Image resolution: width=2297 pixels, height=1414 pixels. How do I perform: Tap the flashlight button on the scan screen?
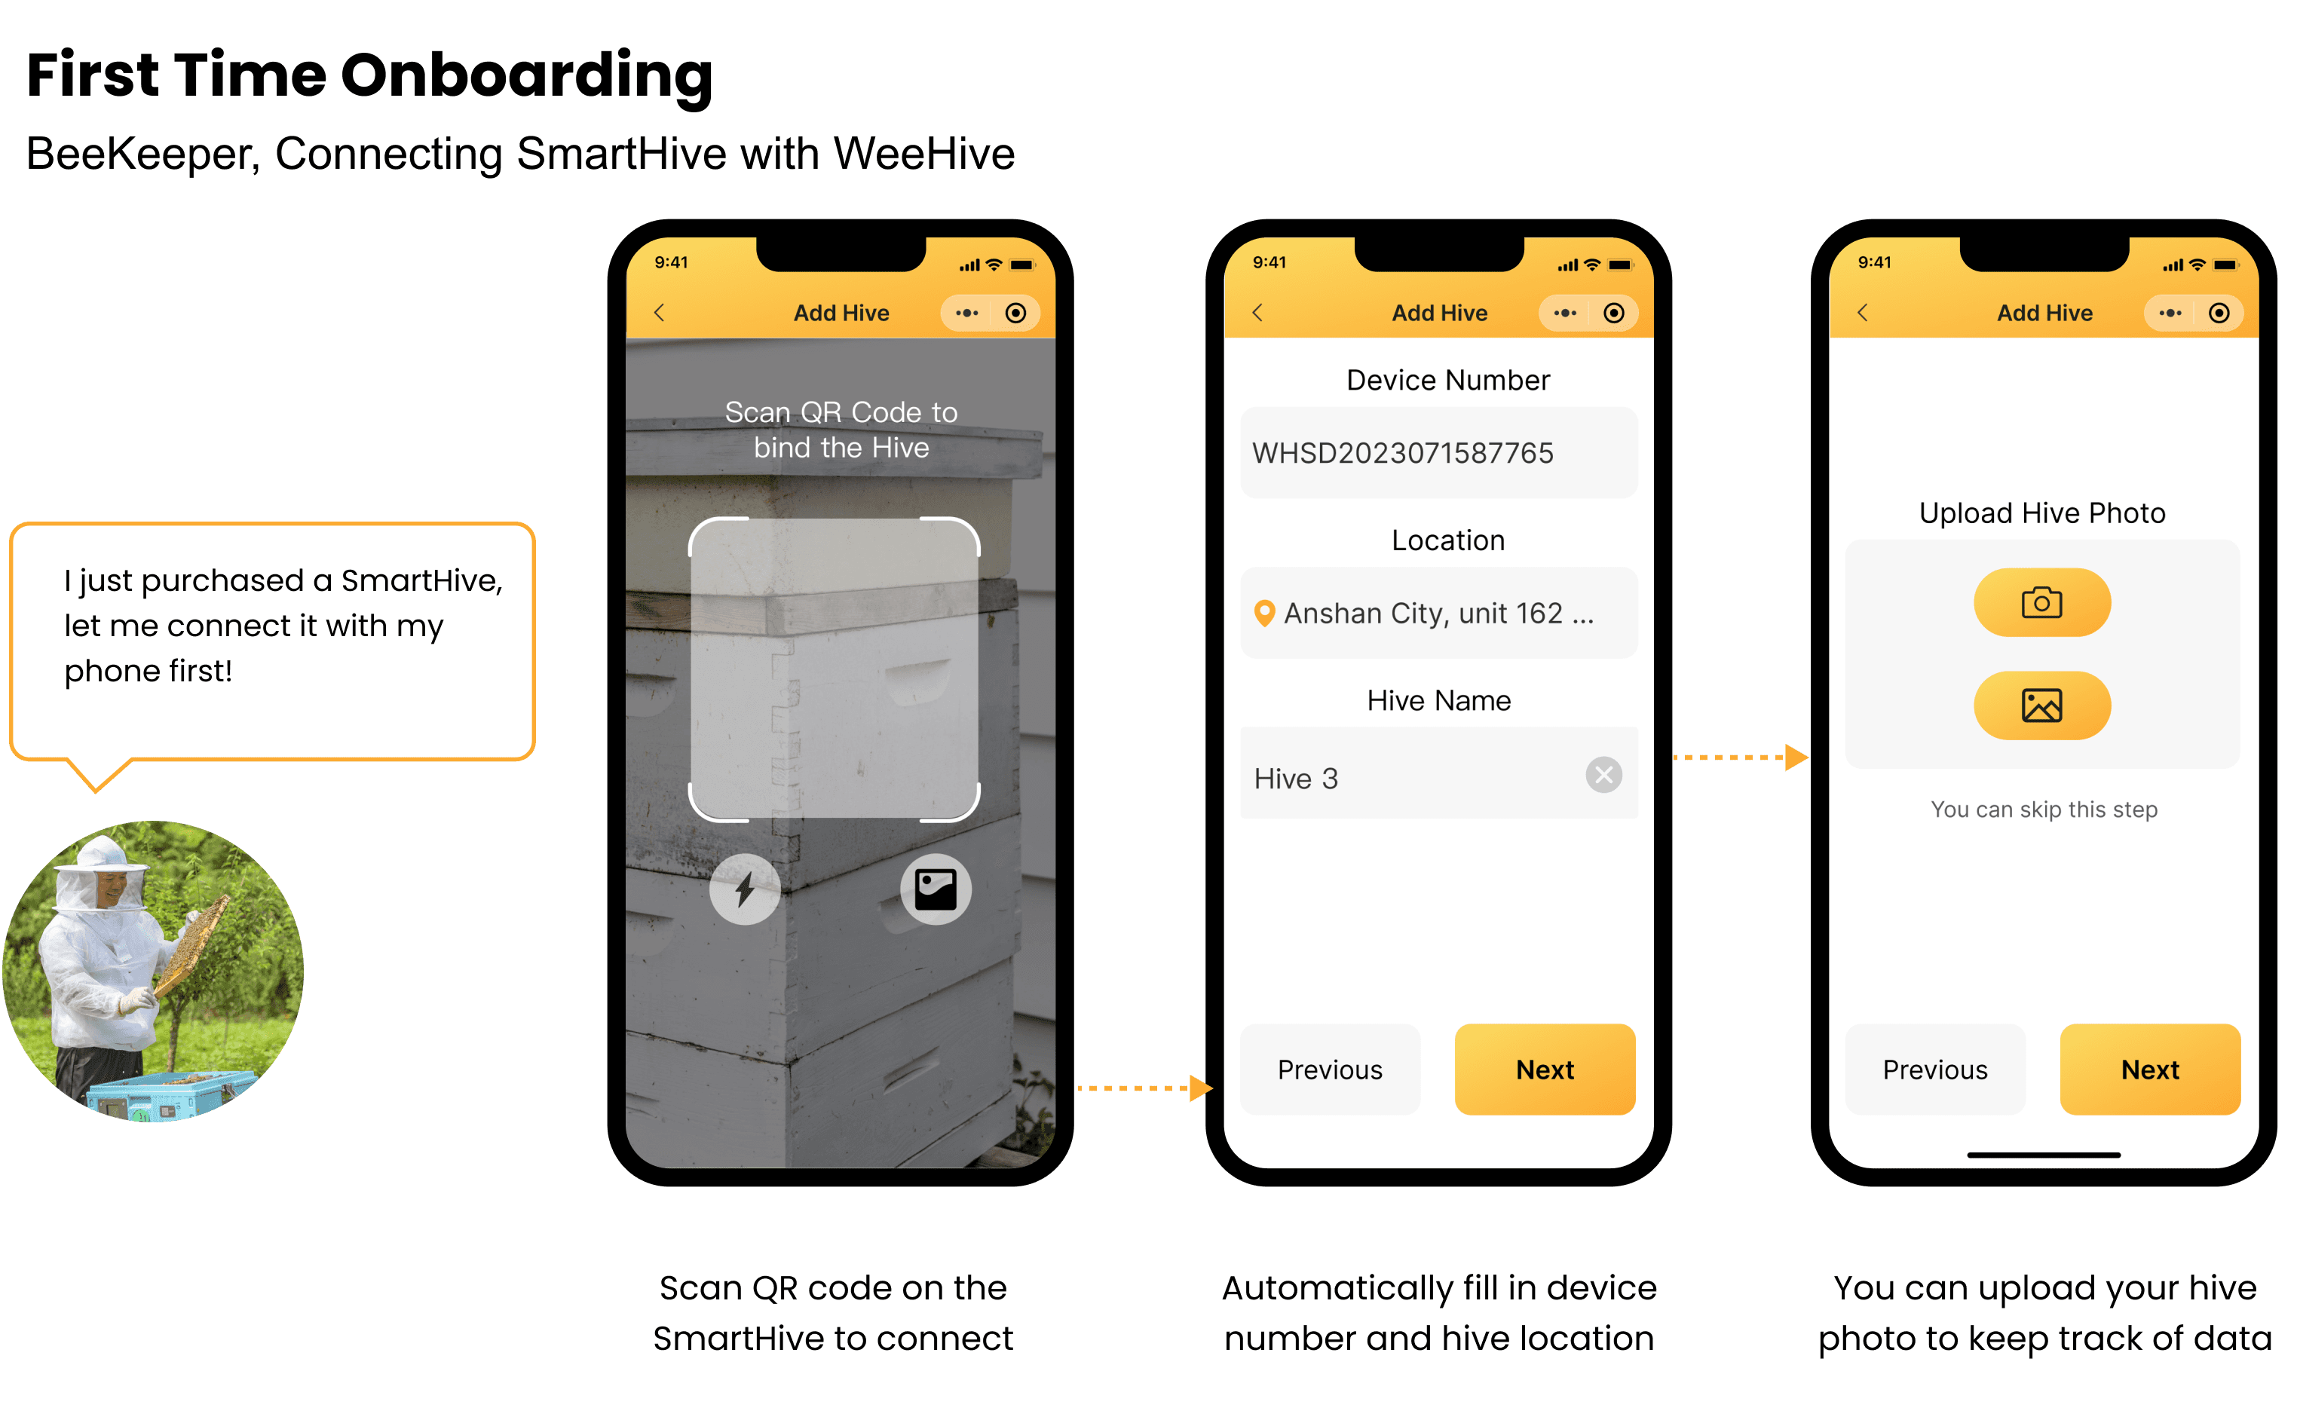745,889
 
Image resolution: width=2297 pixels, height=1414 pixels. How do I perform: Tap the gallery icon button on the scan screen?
936,889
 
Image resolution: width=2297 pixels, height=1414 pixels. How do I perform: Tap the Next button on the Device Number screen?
1544,1069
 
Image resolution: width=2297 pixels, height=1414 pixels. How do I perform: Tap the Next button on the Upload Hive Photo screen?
2149,1069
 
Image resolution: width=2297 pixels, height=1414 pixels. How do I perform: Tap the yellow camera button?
2041,602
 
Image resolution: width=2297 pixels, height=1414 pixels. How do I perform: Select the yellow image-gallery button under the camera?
2041,705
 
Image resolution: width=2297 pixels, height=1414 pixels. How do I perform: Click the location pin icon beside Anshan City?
1263,614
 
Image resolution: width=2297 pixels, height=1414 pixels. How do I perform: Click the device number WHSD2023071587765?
1402,454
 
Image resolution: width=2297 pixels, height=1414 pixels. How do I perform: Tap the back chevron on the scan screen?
660,312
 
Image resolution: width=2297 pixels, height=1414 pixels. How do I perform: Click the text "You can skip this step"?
2044,809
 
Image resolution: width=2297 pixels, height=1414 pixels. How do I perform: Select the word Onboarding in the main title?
525,77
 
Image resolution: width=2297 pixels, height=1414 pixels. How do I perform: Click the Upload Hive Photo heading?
2041,513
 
